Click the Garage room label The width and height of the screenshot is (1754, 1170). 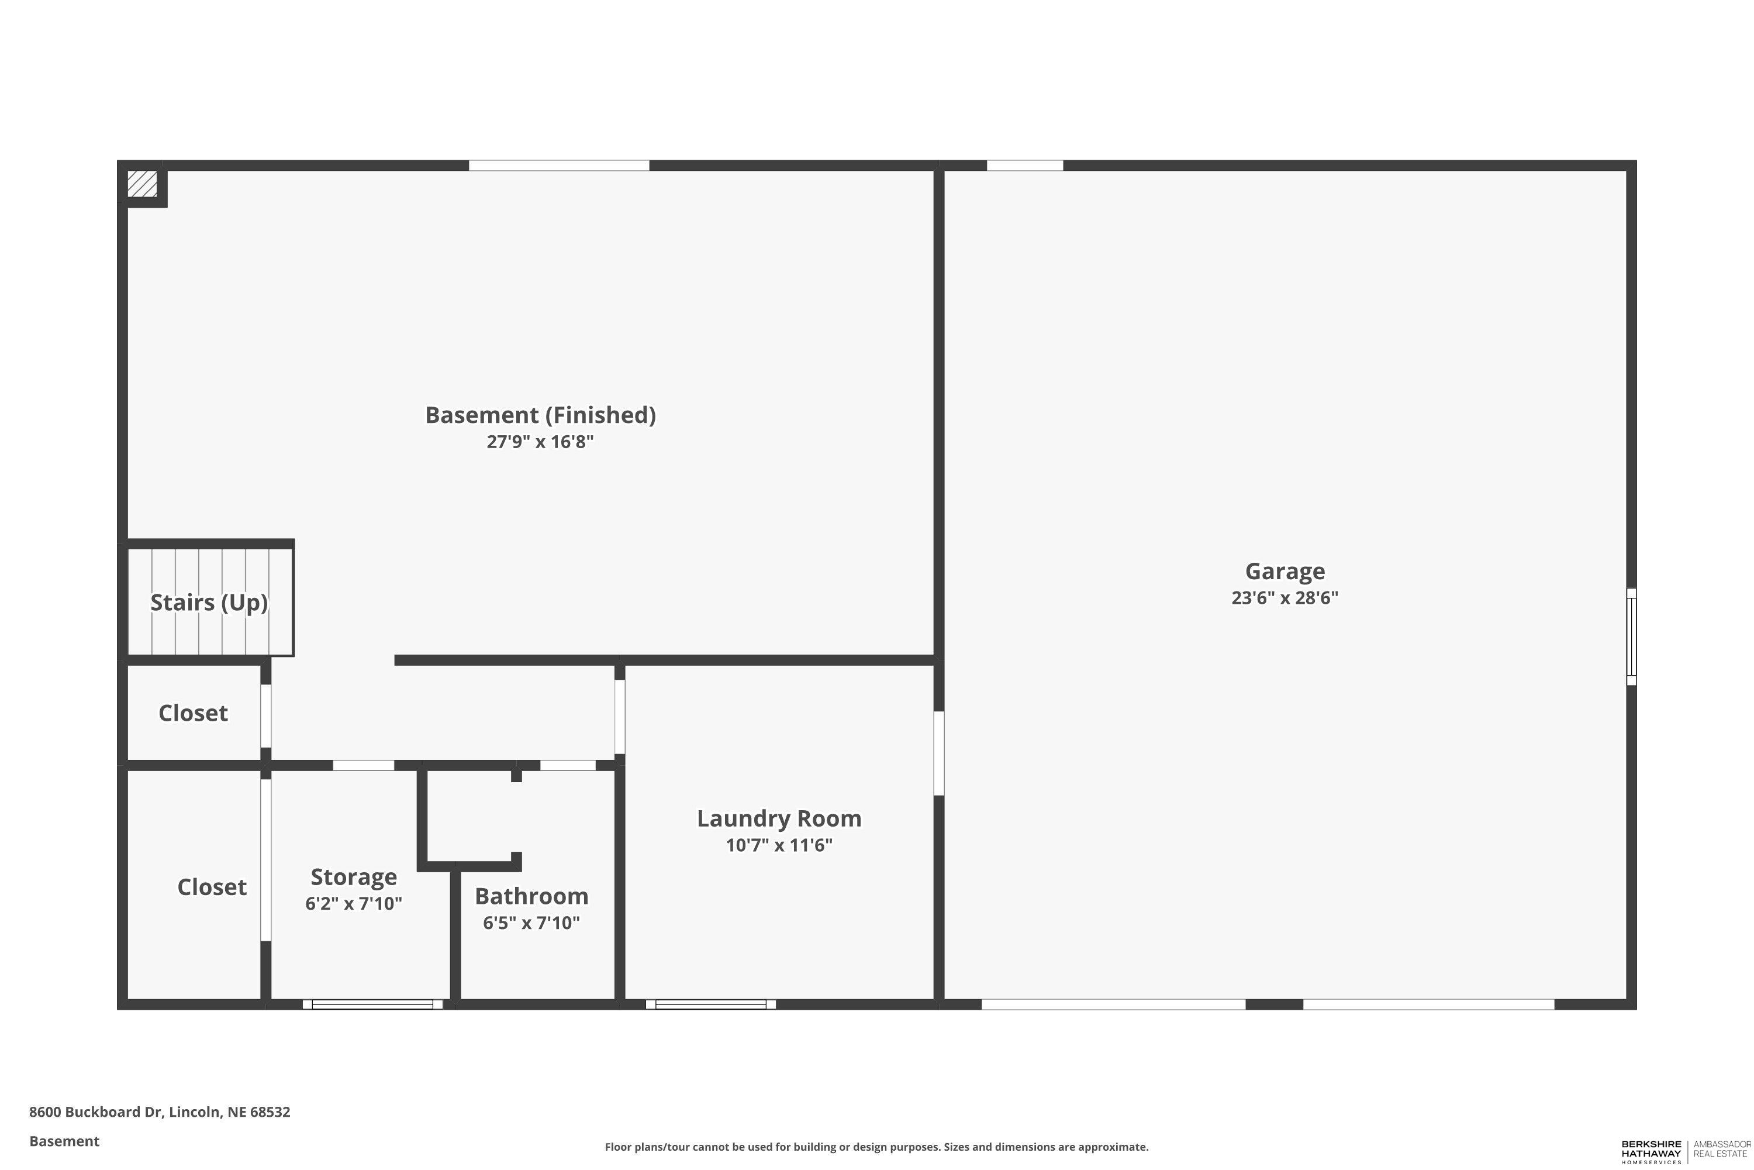click(1284, 571)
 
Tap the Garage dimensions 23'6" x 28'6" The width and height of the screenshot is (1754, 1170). click(1284, 598)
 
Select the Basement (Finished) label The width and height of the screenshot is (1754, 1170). click(540, 415)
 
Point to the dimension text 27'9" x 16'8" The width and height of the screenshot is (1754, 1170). click(540, 442)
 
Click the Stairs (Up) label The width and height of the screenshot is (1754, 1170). click(209, 602)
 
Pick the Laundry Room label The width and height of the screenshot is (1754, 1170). click(779, 818)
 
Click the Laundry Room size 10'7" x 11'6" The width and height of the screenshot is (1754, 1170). click(779, 845)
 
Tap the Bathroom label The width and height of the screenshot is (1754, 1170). click(531, 896)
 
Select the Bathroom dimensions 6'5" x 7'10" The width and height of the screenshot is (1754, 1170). click(531, 923)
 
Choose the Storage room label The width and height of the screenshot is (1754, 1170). click(354, 877)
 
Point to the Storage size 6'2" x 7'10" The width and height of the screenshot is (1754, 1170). click(354, 904)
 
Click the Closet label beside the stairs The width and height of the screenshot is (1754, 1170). click(193, 713)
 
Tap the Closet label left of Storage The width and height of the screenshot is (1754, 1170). click(212, 887)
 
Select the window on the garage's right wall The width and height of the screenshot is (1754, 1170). click(1631, 636)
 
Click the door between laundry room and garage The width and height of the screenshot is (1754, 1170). click(939, 753)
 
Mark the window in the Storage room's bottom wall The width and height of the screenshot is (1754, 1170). click(372, 1004)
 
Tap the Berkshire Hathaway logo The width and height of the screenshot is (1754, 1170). click(1651, 1152)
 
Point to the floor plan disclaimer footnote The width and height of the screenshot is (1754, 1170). click(876, 1147)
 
